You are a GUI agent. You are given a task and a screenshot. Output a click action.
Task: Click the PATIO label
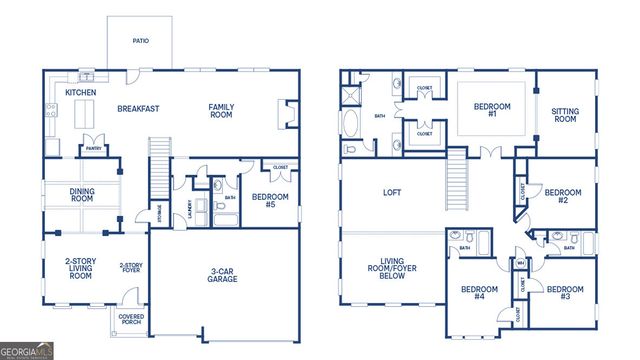click(140, 42)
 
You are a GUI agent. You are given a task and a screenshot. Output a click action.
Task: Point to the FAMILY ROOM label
click(221, 111)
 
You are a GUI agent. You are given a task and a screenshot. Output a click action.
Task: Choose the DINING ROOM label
click(81, 195)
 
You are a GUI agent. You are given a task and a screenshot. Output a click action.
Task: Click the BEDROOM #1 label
click(491, 111)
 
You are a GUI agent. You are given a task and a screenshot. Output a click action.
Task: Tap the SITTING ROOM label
click(565, 114)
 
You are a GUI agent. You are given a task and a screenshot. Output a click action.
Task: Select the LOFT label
click(392, 193)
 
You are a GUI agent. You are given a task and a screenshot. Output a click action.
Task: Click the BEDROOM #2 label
click(563, 196)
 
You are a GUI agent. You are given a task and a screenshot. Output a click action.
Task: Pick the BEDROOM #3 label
click(565, 293)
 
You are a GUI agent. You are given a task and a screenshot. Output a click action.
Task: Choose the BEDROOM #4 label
click(479, 293)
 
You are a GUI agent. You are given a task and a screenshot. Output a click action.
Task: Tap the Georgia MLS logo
click(28, 352)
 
